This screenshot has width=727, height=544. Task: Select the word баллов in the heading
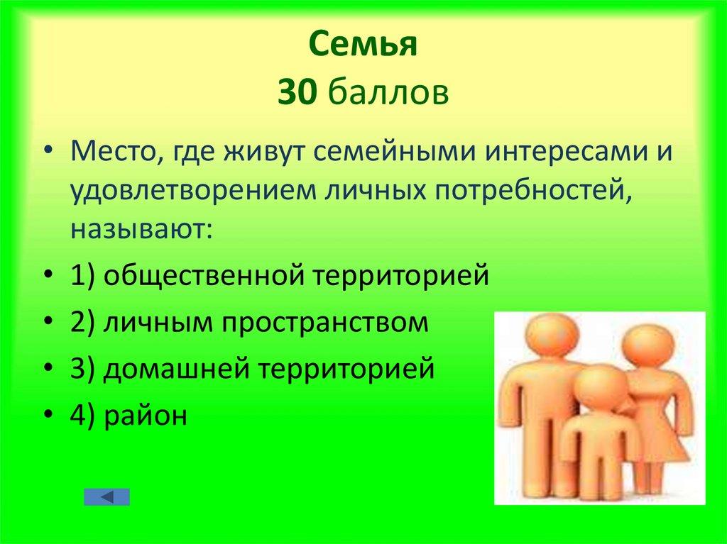[x=388, y=93]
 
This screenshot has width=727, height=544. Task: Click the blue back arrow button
[x=106, y=496]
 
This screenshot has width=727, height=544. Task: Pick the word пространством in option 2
[x=326, y=323]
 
